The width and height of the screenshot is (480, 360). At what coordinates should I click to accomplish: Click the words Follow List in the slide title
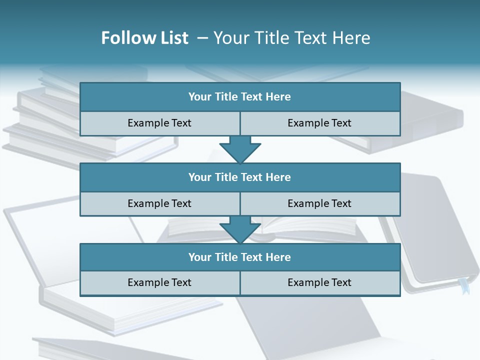[144, 38]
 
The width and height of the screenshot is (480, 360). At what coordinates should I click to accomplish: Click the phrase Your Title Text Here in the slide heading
[292, 38]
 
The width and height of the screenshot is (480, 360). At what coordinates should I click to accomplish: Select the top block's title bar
[240, 97]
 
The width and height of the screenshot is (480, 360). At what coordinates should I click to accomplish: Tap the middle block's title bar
[240, 177]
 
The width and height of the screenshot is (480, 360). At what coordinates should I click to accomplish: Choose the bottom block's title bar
[240, 257]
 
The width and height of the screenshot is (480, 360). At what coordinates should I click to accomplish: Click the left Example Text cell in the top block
[159, 123]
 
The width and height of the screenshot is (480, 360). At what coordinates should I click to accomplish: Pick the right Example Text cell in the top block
[320, 123]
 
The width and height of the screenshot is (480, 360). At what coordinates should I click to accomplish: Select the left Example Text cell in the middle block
[159, 204]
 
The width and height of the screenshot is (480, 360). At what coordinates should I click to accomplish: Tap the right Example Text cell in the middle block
[320, 204]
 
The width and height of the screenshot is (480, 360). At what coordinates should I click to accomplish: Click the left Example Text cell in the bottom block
[159, 283]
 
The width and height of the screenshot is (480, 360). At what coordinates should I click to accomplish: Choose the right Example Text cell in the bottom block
[320, 283]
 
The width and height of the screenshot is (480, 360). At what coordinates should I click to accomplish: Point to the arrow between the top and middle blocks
[240, 149]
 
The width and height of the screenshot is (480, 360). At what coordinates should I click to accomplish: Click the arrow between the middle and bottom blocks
[240, 229]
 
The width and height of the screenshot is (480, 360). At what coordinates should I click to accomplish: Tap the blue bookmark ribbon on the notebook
[465, 287]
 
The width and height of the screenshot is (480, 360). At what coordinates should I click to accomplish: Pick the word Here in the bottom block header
[278, 257]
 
